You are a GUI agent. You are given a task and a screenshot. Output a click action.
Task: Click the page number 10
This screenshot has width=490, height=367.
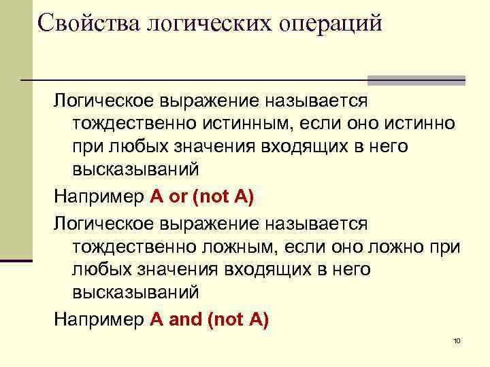pos(457,340)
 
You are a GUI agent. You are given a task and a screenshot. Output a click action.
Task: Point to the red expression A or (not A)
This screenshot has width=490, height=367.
pos(201,198)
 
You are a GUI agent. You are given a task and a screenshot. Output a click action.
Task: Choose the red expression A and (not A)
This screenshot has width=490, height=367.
pos(209,319)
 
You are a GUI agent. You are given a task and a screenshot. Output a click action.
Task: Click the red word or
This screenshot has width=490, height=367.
pos(178,198)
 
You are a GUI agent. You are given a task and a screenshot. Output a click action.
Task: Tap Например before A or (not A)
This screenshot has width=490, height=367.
pos(99,198)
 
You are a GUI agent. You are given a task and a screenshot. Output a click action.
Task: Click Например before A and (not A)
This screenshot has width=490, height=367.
pos(99,319)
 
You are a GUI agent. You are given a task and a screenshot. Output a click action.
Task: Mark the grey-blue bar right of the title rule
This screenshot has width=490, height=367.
pos(416,80)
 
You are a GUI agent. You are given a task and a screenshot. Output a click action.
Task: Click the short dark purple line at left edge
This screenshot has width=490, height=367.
pos(16,260)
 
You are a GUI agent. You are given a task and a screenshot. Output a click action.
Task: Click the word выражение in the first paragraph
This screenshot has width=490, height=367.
pos(208,101)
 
